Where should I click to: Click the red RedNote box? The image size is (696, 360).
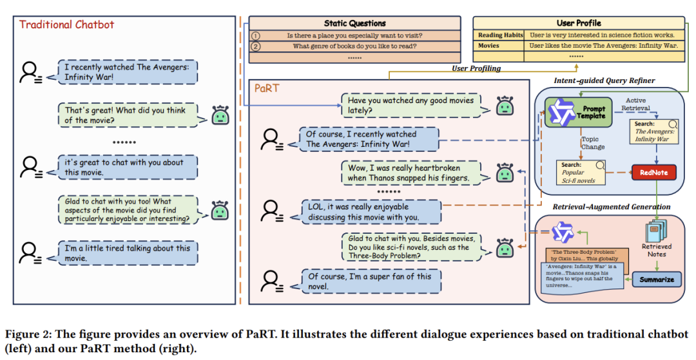click(653, 172)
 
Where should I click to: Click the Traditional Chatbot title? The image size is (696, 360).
click(66, 24)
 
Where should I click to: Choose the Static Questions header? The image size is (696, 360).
click(354, 23)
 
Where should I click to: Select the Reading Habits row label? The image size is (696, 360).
click(498, 35)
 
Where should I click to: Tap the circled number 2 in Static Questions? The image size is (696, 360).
click(256, 46)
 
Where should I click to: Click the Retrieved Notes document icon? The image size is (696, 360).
click(656, 229)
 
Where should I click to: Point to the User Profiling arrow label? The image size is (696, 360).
click(476, 68)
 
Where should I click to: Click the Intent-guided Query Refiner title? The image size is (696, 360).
click(604, 81)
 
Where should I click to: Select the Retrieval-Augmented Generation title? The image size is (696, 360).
click(612, 207)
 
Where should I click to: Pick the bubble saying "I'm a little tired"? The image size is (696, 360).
click(126, 253)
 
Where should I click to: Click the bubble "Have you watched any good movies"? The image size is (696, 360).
click(411, 106)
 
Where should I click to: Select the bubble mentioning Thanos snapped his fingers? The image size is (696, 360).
click(408, 173)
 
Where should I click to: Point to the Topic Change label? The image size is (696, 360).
click(593, 142)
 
